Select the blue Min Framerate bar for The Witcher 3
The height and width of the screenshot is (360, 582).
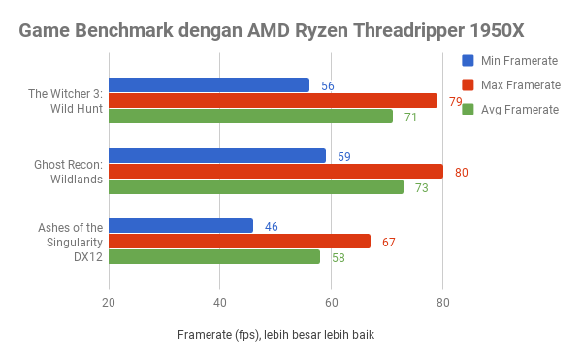point(209,85)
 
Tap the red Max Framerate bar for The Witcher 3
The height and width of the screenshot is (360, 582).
point(273,101)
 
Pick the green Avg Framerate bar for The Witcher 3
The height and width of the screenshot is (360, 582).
point(250,116)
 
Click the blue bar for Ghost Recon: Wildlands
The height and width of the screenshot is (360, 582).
point(217,155)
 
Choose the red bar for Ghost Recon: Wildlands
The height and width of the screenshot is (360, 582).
point(275,172)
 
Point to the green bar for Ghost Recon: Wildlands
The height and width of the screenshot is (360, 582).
point(256,187)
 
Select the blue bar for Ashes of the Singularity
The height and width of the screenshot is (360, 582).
point(180,226)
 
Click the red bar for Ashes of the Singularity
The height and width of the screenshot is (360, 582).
point(240,242)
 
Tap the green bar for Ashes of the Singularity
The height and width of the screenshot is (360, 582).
point(214,257)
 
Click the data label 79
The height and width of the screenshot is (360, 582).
point(455,102)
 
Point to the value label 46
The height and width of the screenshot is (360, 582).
point(271,227)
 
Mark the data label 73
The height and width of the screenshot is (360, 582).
point(421,188)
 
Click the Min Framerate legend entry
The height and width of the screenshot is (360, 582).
point(510,61)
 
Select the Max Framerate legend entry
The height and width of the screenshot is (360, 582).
point(511,85)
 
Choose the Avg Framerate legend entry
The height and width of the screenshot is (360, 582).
point(510,110)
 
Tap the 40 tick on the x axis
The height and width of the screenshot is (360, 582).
point(219,302)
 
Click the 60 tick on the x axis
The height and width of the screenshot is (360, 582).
point(331,302)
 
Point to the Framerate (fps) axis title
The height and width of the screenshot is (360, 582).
point(275,335)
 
